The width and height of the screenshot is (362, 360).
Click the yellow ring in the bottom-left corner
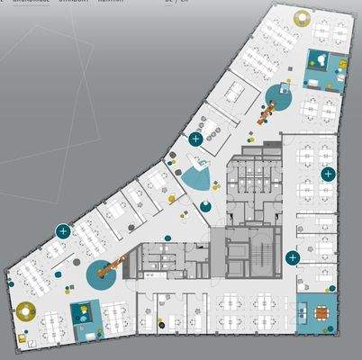pyautogui.click(x=26, y=312)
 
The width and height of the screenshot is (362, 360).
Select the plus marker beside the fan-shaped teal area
pyautogui.click(x=195, y=139)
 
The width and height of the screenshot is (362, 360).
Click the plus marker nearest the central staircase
pyautogui.click(x=291, y=257)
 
